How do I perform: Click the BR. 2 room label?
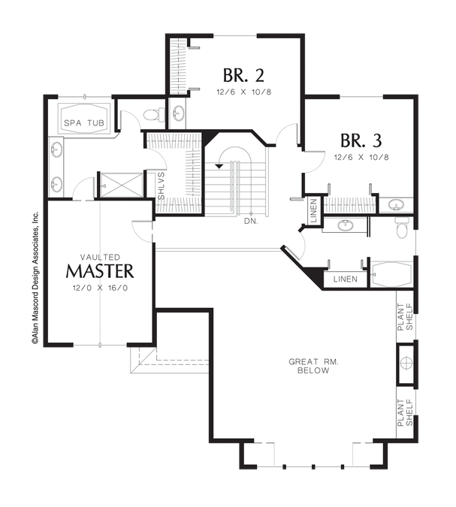(x=243, y=75)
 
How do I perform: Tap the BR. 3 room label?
(x=361, y=140)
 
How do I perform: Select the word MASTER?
(x=100, y=271)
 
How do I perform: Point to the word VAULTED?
(x=100, y=257)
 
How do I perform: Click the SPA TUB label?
(x=84, y=123)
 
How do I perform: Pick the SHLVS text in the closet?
(x=161, y=186)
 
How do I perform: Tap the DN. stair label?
(x=251, y=222)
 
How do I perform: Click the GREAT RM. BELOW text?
(x=313, y=366)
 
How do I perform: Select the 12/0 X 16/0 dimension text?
(x=100, y=288)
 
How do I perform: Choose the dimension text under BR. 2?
(x=243, y=92)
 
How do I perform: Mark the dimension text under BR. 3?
(x=361, y=158)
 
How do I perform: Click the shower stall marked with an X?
(x=122, y=185)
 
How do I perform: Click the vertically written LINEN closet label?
(x=314, y=210)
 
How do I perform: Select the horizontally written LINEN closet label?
(x=346, y=279)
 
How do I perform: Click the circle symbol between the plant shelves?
(x=406, y=363)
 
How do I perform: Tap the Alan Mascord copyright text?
(x=35, y=277)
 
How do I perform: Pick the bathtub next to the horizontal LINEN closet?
(x=391, y=274)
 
